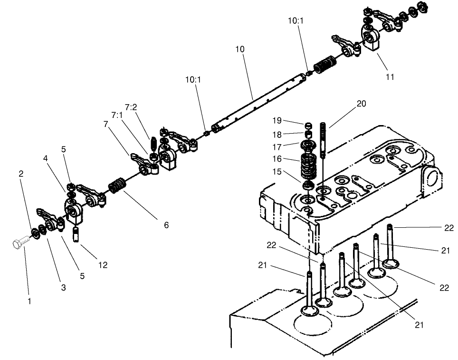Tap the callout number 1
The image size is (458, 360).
pyautogui.click(x=29, y=302)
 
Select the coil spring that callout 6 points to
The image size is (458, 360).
pyautogui.click(x=116, y=185)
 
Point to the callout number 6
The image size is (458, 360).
pyautogui.click(x=166, y=225)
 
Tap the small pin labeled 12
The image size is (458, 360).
pyautogui.click(x=75, y=234)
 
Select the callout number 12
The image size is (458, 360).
pyautogui.click(x=103, y=265)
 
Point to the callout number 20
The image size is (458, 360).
pyautogui.click(x=361, y=104)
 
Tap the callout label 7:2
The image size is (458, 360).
pyautogui.click(x=131, y=107)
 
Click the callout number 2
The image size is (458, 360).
pyautogui.click(x=21, y=174)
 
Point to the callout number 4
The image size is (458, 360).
pyautogui.click(x=46, y=158)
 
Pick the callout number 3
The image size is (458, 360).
pyautogui.click(x=63, y=288)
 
